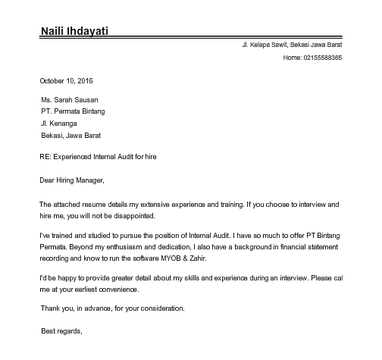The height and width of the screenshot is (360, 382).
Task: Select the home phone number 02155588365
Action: coord(322,58)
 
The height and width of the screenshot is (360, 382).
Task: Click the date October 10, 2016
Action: coord(65,81)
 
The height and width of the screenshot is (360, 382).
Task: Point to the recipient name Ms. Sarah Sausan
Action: coord(70,99)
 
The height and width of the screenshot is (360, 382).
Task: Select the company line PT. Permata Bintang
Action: coord(74,111)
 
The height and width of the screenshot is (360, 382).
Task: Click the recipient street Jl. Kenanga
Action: coord(58,124)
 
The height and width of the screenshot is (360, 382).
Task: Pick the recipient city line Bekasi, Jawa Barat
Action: coord(70,136)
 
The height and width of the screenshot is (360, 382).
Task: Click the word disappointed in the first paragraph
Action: coord(133,216)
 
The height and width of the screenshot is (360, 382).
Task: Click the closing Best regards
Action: coord(60,332)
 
